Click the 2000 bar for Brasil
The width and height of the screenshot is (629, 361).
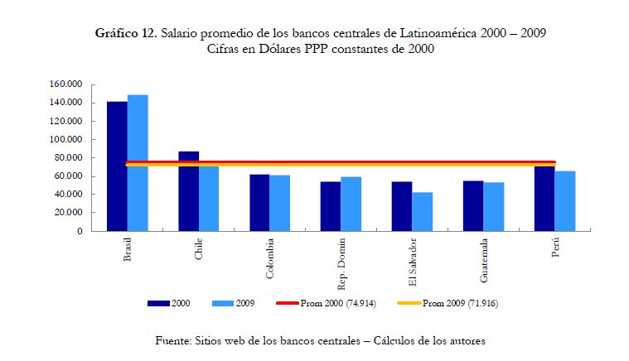117,166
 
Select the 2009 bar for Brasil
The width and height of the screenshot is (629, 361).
138,162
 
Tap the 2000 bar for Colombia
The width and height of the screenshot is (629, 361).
259,202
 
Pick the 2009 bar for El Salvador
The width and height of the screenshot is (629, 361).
423,211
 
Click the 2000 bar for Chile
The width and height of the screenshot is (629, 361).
188,190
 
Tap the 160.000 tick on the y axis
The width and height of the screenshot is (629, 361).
69,84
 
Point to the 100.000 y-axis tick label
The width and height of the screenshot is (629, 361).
69,139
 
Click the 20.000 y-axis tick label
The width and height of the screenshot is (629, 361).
71,213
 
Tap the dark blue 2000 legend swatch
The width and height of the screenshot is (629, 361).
158,303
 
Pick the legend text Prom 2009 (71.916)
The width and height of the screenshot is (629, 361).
460,303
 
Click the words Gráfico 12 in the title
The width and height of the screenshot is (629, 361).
125,33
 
